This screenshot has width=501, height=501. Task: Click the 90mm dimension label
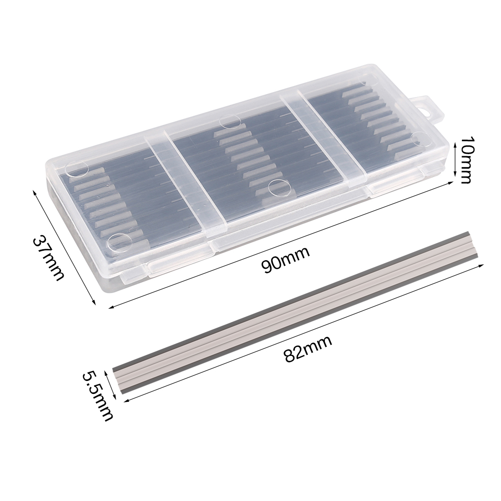click(285, 259)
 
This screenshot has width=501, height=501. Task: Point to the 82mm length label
click(308, 348)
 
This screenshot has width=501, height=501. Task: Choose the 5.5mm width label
click(98, 395)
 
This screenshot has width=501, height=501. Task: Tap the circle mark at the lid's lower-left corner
click(120, 243)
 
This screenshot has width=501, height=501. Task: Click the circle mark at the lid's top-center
click(230, 122)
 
